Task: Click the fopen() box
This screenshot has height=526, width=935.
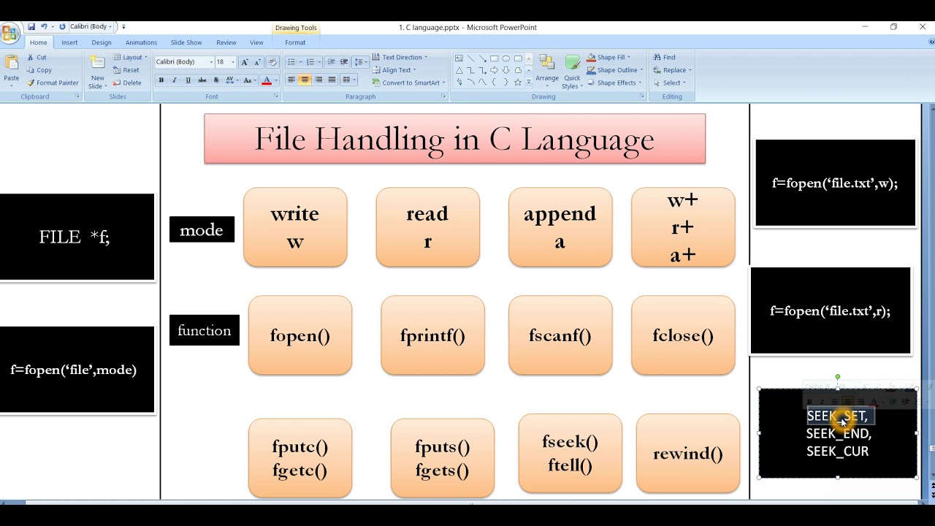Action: tap(299, 335)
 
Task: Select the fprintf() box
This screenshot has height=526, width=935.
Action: tap(432, 335)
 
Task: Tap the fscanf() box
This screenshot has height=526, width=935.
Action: tap(560, 335)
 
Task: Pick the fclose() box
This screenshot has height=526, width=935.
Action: tap(683, 335)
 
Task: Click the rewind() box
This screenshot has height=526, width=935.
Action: tap(687, 454)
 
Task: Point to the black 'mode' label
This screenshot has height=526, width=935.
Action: tap(202, 230)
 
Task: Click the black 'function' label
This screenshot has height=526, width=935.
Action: tap(204, 330)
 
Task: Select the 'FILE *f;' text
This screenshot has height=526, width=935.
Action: tap(75, 237)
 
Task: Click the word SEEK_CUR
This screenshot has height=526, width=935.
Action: tap(837, 451)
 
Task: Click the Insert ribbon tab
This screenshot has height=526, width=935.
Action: tap(69, 42)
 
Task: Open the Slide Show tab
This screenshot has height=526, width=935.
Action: tap(186, 42)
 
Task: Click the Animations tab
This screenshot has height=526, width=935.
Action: tap(141, 42)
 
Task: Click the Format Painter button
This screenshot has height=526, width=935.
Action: tap(53, 83)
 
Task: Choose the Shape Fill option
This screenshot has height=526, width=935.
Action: tap(611, 57)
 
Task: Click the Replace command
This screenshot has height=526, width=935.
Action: tap(674, 70)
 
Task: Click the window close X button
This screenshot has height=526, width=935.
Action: tap(923, 27)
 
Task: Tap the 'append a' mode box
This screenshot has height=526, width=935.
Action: tap(560, 227)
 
